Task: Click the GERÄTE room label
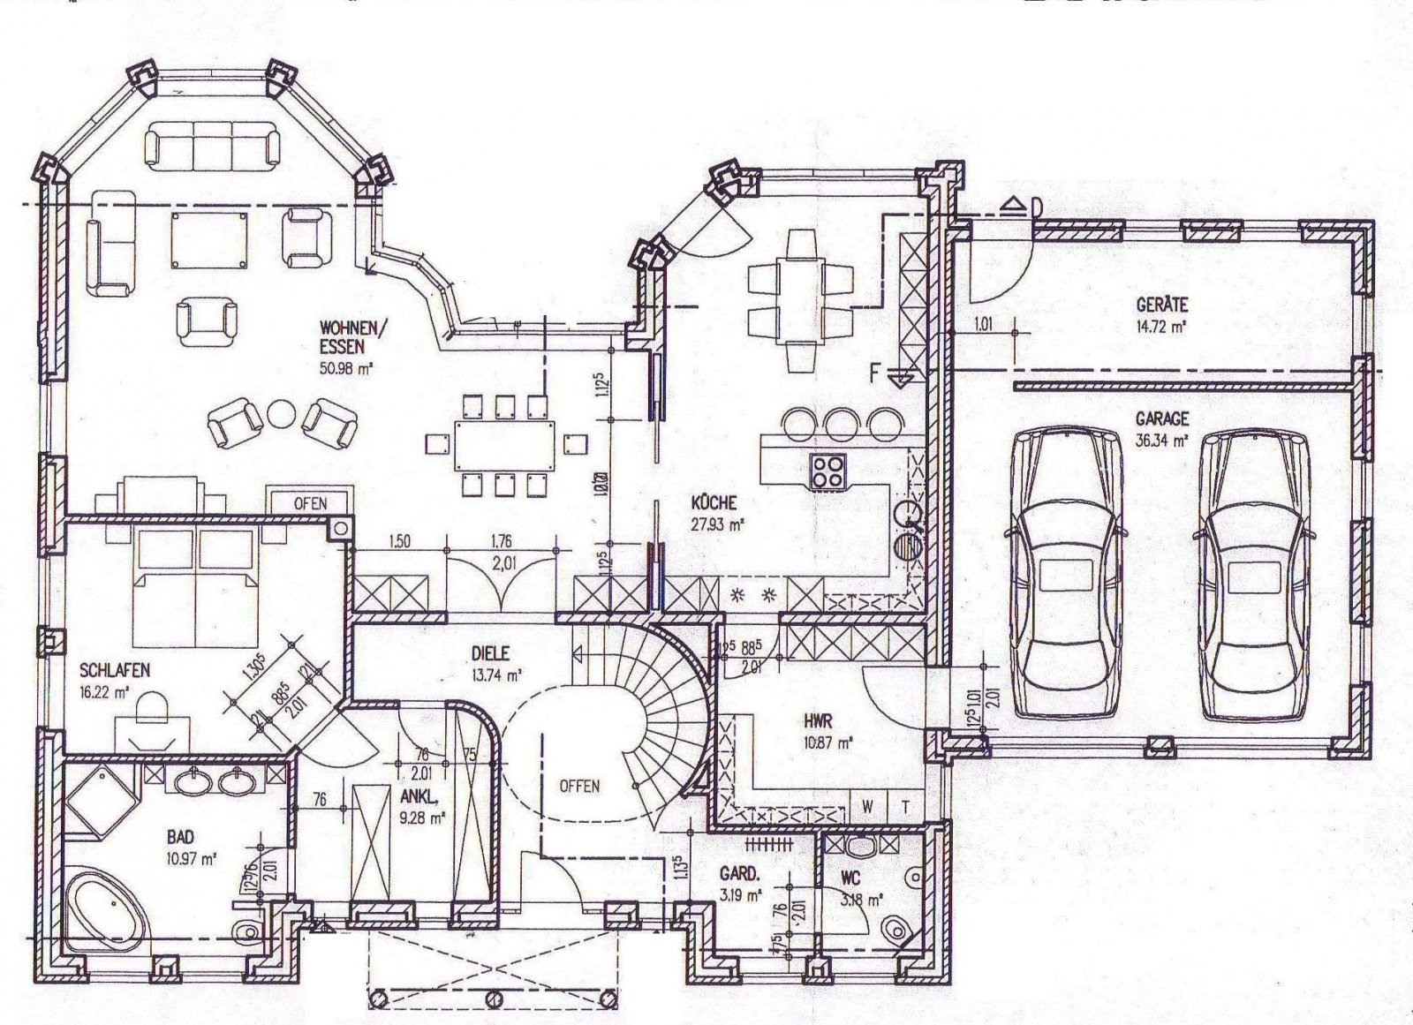click(1161, 306)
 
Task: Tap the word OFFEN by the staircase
click(578, 786)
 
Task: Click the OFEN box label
click(310, 503)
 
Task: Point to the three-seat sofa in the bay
click(212, 144)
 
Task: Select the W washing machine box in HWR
click(867, 805)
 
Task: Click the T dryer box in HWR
click(905, 805)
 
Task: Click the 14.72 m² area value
click(1161, 326)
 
